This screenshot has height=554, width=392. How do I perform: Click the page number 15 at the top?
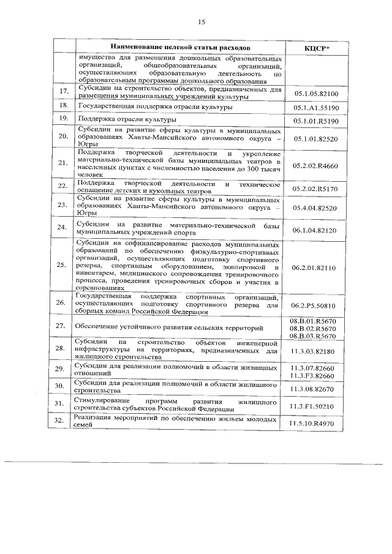200,22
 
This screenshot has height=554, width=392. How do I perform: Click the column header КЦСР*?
317,48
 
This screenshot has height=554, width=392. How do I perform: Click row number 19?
61,120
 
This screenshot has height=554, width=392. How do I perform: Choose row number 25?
61,266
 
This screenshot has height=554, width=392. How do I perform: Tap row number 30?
61,387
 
